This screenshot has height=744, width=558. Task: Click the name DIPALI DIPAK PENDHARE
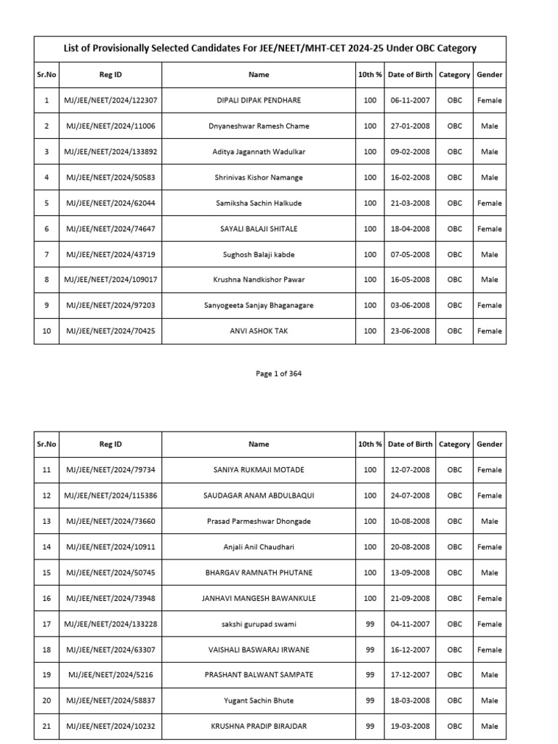point(259,100)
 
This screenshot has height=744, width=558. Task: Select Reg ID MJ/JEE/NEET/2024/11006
point(110,126)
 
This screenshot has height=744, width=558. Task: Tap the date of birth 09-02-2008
point(410,152)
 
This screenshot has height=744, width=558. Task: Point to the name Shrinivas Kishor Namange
point(259,177)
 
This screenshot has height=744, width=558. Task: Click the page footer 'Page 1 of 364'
point(278,373)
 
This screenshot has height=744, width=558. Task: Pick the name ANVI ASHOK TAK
point(259,331)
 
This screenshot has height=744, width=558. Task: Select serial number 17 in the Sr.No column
point(46,624)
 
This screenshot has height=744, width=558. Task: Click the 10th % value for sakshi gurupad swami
point(370,624)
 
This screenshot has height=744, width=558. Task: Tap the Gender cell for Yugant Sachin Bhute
point(490,701)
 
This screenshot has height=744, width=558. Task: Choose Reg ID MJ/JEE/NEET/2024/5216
point(110,675)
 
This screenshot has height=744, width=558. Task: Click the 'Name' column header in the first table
point(259,74)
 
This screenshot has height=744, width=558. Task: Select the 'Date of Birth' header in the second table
point(410,444)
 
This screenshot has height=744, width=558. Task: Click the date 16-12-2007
point(410,650)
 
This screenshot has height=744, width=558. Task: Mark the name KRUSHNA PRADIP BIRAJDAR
point(259,727)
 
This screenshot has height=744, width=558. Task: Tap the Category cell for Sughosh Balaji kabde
point(455,254)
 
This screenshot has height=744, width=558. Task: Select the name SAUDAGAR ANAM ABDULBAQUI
point(259,496)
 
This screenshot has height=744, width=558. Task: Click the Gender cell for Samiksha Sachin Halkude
point(490,203)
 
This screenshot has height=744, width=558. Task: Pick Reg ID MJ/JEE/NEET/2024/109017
point(110,280)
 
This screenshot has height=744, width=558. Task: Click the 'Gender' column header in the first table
point(490,74)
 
